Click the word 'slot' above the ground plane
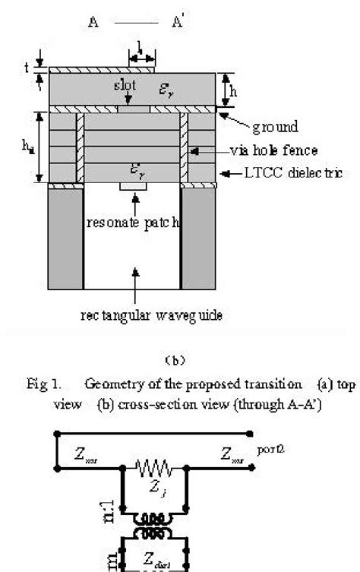(123, 85)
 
